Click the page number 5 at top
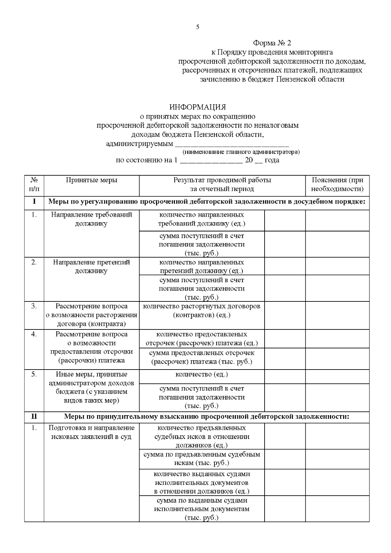(x=197, y=27)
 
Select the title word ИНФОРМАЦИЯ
(x=197, y=107)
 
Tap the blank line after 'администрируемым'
(x=232, y=144)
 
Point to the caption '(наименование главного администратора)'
(x=241, y=152)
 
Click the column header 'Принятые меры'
(x=92, y=180)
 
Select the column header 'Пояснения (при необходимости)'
(x=337, y=184)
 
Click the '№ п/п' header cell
(x=34, y=184)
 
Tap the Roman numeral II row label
(x=34, y=416)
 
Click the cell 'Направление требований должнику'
(x=92, y=219)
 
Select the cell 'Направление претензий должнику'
(x=92, y=267)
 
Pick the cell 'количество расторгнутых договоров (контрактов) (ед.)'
(x=202, y=311)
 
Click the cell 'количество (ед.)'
(x=202, y=374)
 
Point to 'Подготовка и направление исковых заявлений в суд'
(x=92, y=432)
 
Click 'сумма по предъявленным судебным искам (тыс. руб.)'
(x=202, y=458)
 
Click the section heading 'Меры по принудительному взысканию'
(x=207, y=416)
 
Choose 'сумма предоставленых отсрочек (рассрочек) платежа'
(x=202, y=357)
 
